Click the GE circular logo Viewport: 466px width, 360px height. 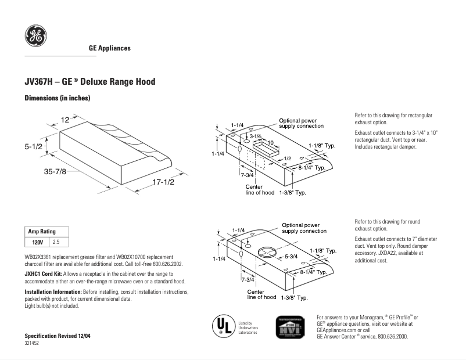(x=35, y=36)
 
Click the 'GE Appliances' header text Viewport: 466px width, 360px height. (x=109, y=48)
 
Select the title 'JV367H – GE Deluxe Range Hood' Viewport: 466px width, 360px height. (x=90, y=82)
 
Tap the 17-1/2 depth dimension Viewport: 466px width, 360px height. (x=163, y=182)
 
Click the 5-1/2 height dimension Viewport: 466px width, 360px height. (x=33, y=147)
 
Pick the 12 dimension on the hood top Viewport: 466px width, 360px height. (x=65, y=120)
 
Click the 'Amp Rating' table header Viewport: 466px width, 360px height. (x=42, y=232)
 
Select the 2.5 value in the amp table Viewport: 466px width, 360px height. (x=57, y=241)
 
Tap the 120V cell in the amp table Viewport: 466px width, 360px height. (x=37, y=241)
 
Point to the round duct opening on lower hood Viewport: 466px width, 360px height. (x=266, y=253)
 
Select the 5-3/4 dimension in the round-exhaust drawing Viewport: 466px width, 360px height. (x=291, y=256)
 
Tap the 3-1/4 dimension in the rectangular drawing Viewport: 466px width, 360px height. (x=256, y=135)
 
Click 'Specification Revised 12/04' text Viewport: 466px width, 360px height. (x=58, y=336)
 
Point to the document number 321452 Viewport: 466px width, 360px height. (x=32, y=344)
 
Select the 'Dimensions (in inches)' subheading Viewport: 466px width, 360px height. (x=57, y=99)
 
